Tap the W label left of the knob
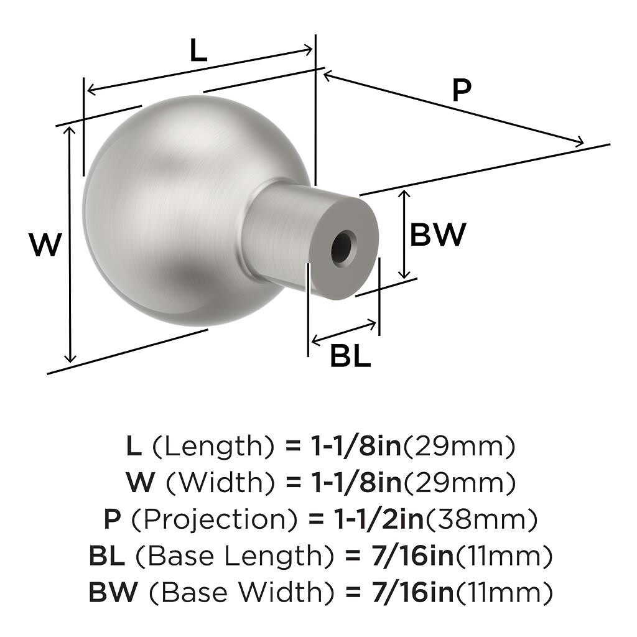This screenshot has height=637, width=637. (45, 244)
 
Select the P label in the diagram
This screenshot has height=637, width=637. (462, 90)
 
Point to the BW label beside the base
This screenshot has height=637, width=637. (437, 235)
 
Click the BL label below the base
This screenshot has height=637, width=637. (350, 356)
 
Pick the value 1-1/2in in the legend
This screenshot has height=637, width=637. (379, 519)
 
